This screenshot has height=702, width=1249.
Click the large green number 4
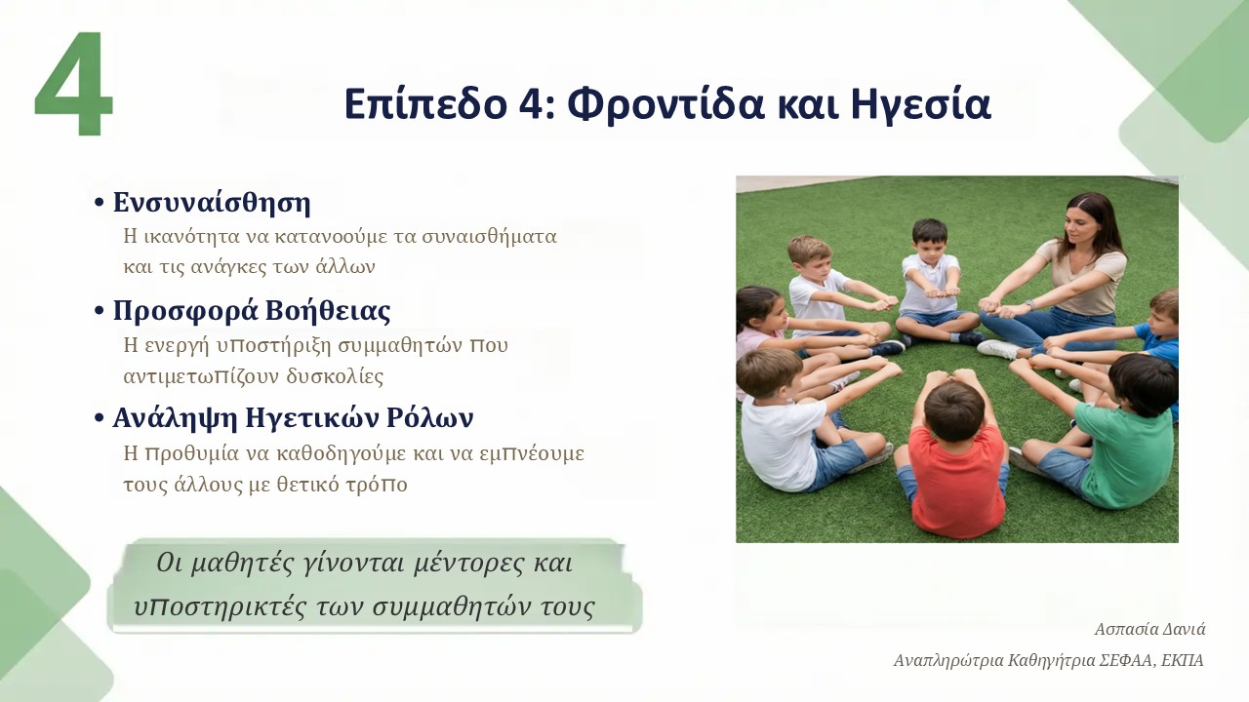tap(73, 83)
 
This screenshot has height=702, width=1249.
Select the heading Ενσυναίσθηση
tap(212, 202)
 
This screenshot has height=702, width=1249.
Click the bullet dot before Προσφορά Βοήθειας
tap(100, 311)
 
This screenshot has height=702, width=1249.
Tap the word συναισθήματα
tap(489, 237)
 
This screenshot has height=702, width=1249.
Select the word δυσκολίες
tap(335, 376)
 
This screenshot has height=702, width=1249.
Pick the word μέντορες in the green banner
tap(469, 564)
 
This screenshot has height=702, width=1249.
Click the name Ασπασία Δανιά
tap(1149, 630)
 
